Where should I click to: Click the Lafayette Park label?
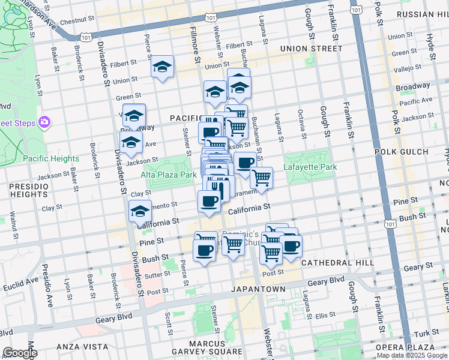tap(310, 167)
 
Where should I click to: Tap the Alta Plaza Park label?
tap(169, 175)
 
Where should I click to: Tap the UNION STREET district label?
tap(311, 49)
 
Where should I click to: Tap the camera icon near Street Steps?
tap(44, 123)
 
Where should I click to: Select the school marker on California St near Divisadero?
tap(140, 212)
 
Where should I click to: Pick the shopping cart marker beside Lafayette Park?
tap(261, 178)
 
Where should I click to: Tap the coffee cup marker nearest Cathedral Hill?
tap(291, 245)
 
